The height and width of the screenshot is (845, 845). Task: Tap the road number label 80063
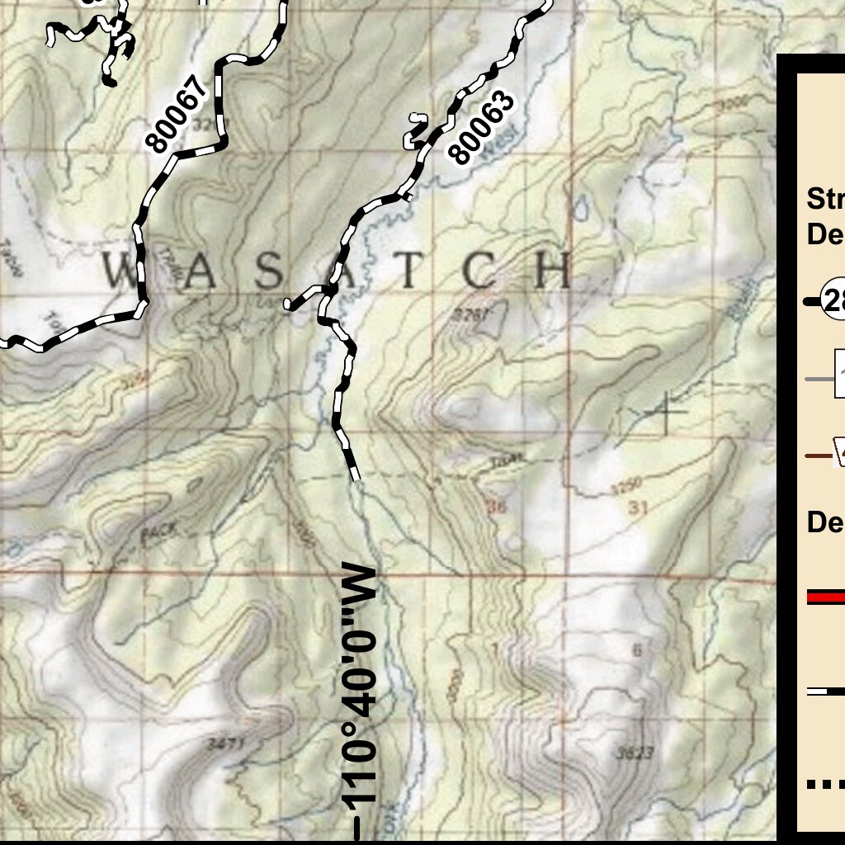(483, 127)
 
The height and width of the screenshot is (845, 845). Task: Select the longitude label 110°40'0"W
(361, 685)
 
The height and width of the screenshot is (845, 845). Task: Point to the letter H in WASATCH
(554, 270)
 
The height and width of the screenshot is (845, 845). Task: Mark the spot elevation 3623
(635, 752)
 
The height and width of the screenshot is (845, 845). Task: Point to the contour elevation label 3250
(625, 486)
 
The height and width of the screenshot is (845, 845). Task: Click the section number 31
(636, 508)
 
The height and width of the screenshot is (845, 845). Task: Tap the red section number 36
(495, 507)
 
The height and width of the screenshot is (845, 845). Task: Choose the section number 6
(636, 650)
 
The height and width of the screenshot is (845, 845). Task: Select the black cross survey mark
(667, 413)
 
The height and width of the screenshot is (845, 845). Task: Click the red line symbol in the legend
(825, 597)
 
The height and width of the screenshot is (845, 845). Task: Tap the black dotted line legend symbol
(825, 784)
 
